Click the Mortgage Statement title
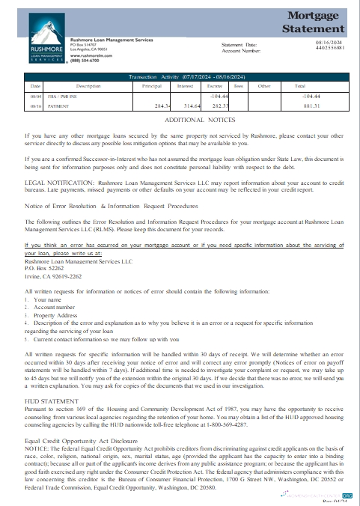tap(314, 22)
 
